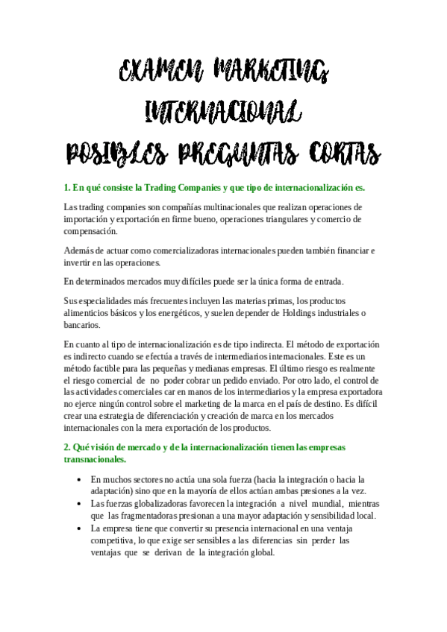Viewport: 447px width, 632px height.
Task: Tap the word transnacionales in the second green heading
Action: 95,459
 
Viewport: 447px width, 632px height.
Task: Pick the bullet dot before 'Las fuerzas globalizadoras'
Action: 79,505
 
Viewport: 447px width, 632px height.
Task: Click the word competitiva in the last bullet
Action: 116,540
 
